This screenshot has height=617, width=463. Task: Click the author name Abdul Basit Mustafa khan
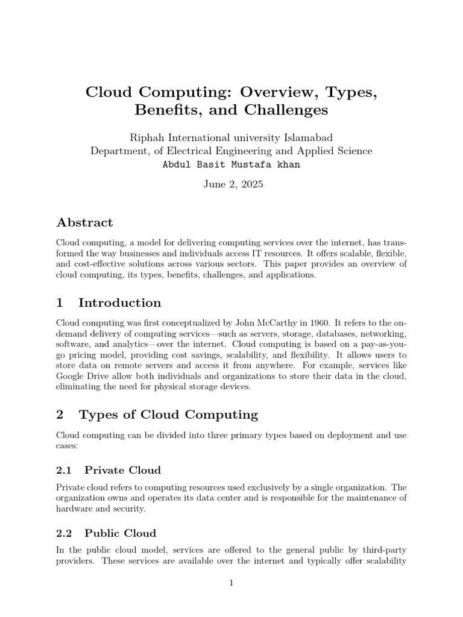click(231, 164)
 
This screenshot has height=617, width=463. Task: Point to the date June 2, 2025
click(231, 186)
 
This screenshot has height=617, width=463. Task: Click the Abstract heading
click(84, 222)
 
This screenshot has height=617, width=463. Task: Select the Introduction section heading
click(119, 302)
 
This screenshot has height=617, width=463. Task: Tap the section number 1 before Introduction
click(60, 302)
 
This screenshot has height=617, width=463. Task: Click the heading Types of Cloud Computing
click(168, 415)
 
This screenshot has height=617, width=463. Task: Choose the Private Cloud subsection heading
click(122, 469)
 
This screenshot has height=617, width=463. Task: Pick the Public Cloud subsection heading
click(120, 533)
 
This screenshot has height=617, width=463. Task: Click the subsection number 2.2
click(64, 533)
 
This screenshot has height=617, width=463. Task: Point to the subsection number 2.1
click(64, 469)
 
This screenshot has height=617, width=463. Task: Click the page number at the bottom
click(231, 583)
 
